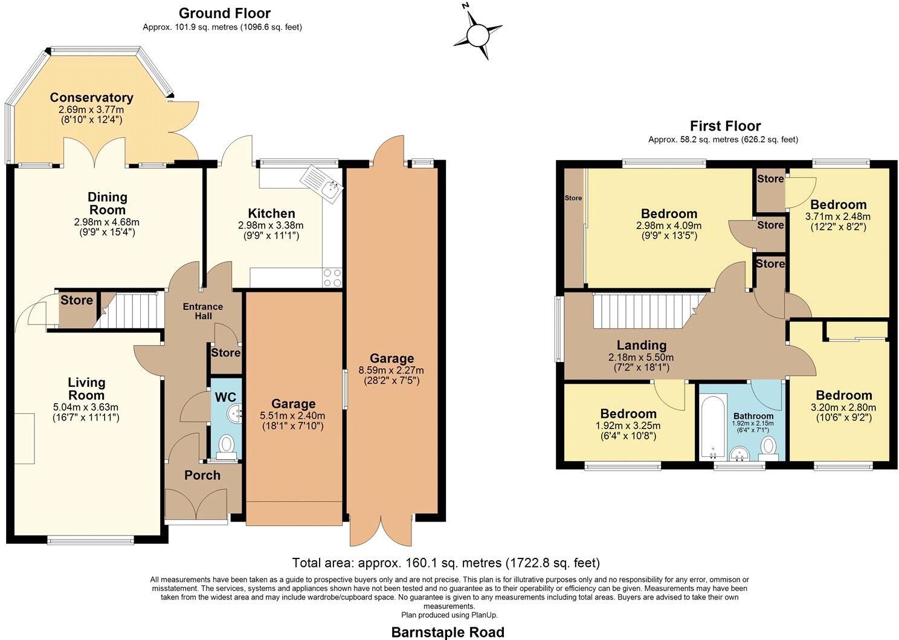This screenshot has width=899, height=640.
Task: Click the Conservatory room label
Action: tap(91, 97)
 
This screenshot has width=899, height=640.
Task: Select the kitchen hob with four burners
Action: tap(332, 277)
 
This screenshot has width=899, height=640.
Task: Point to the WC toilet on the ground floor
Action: tap(227, 447)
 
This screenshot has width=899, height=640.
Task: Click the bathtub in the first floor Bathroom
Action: tap(713, 427)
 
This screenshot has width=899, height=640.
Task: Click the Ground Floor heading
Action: tap(224, 13)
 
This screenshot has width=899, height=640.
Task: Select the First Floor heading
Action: tap(725, 126)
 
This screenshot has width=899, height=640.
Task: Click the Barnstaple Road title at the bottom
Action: tap(448, 632)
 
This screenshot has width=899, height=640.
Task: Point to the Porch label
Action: tap(202, 476)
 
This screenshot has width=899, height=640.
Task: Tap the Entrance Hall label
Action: tap(203, 311)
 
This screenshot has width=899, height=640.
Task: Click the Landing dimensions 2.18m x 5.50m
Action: tap(641, 357)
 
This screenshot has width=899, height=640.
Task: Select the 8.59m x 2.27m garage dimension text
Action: tap(391, 370)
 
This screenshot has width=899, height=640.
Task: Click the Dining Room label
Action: tap(107, 204)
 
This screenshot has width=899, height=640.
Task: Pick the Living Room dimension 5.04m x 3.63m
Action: tap(86, 407)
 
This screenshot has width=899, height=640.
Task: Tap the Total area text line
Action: tap(446, 563)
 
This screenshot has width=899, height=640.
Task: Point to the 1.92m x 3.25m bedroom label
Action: tap(628, 425)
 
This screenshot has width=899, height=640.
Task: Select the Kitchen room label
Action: tap(271, 213)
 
